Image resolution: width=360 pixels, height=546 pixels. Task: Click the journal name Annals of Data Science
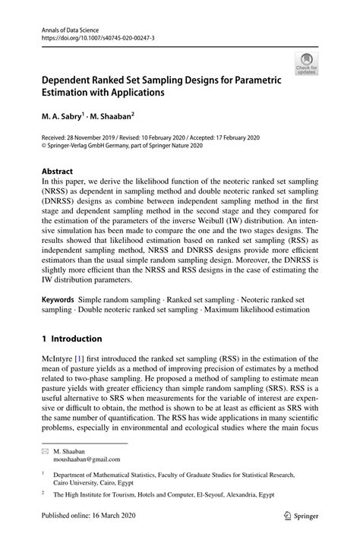pos(66,26)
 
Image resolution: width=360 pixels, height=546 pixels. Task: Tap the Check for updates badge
pos(308,64)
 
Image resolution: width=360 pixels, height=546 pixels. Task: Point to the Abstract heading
pos(58,171)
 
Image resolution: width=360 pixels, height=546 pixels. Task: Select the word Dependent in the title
pos(71,80)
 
